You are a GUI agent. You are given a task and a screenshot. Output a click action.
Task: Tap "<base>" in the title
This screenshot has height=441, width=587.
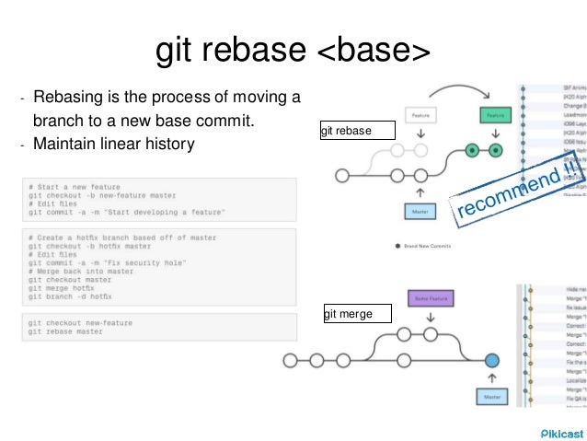point(374,52)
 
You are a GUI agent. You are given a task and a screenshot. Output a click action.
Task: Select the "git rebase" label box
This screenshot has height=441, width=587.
point(358,131)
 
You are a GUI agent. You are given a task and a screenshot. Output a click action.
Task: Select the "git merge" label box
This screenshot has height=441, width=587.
point(358,315)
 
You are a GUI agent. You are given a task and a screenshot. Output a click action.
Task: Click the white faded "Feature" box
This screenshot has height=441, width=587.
point(420,116)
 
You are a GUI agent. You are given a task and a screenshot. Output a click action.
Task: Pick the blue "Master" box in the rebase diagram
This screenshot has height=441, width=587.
point(420,211)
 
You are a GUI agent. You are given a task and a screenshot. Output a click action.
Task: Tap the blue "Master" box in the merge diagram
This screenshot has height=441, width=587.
point(491,396)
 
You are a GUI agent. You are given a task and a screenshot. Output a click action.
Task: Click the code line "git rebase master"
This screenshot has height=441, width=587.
point(65,331)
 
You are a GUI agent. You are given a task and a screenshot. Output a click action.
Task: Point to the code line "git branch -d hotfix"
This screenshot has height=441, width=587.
point(70,296)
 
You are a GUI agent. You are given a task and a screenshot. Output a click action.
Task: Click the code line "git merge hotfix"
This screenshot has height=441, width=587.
point(63,288)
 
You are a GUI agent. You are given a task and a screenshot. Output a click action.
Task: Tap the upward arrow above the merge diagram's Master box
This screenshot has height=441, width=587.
point(491,377)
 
